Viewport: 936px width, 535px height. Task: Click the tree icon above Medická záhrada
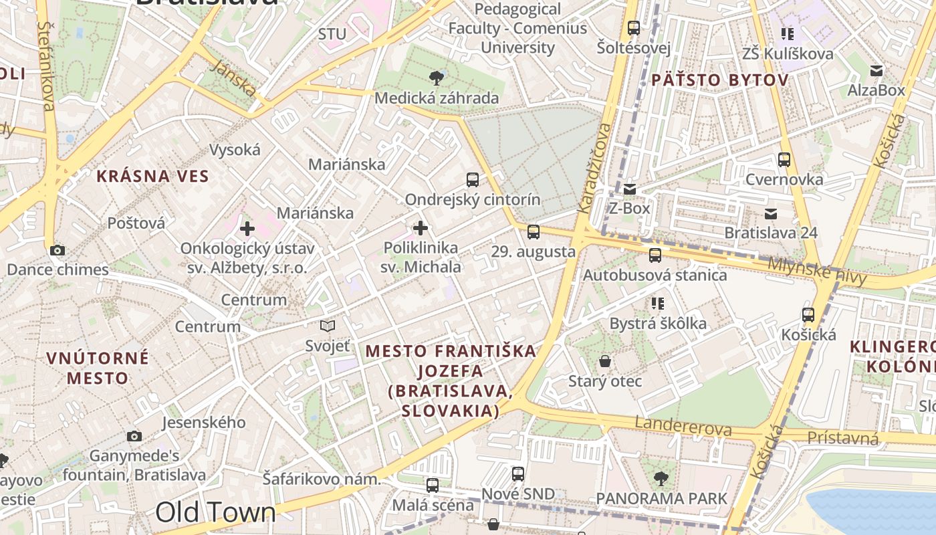(x=437, y=78)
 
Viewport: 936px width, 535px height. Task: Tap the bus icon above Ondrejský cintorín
(x=473, y=179)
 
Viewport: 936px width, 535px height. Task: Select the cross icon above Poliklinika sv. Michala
(x=421, y=229)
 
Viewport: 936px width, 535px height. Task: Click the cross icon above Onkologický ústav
(x=247, y=229)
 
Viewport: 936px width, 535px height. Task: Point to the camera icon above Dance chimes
(x=57, y=250)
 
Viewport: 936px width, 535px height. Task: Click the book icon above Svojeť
(x=328, y=326)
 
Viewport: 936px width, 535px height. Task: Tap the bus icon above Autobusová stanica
(x=655, y=255)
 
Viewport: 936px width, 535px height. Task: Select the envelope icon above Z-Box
(x=630, y=189)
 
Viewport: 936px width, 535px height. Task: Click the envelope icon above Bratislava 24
(x=771, y=214)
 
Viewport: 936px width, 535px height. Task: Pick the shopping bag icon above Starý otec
(x=605, y=362)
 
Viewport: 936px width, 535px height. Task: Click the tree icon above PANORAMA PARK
(x=661, y=479)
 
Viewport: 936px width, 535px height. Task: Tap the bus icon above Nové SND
(x=518, y=474)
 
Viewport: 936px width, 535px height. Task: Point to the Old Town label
(x=215, y=512)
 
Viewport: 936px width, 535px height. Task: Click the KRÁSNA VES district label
(x=153, y=177)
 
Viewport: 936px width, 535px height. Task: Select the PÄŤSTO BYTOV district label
(x=720, y=80)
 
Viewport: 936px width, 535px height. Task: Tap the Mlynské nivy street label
(x=817, y=272)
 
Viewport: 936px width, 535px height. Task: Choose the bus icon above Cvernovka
(x=784, y=160)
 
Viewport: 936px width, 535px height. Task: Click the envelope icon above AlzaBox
(x=876, y=71)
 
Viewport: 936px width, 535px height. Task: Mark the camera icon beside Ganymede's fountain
(x=134, y=437)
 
